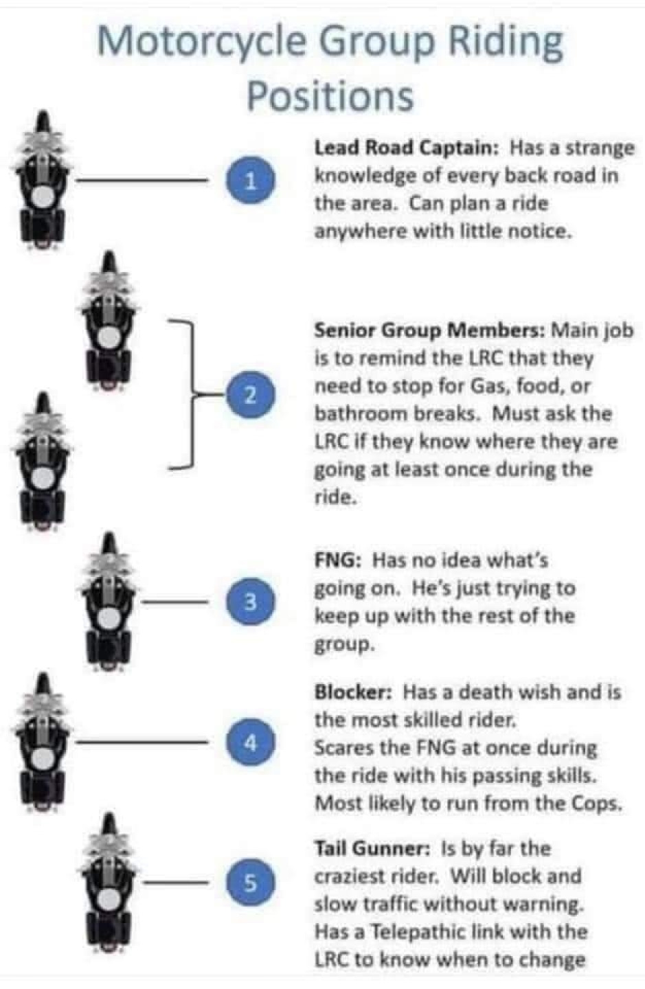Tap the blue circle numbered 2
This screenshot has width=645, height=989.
(x=250, y=394)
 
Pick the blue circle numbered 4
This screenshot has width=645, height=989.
(x=250, y=743)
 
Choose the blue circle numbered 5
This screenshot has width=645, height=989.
(x=250, y=883)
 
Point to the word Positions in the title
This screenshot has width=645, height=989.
(x=330, y=96)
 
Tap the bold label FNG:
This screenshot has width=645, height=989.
(x=338, y=560)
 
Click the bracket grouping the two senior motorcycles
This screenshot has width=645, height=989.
(x=192, y=393)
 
